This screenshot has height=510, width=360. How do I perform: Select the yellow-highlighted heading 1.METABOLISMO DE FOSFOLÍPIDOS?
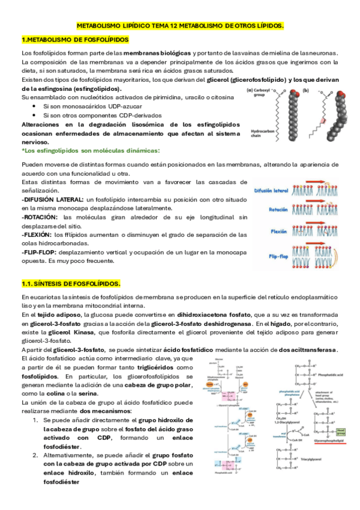click(75, 40)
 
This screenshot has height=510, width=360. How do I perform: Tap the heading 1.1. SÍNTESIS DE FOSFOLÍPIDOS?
click(71, 283)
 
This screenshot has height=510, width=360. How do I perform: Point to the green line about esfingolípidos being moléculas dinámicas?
click(91, 150)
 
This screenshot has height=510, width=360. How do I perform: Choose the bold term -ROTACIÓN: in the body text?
click(40, 217)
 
